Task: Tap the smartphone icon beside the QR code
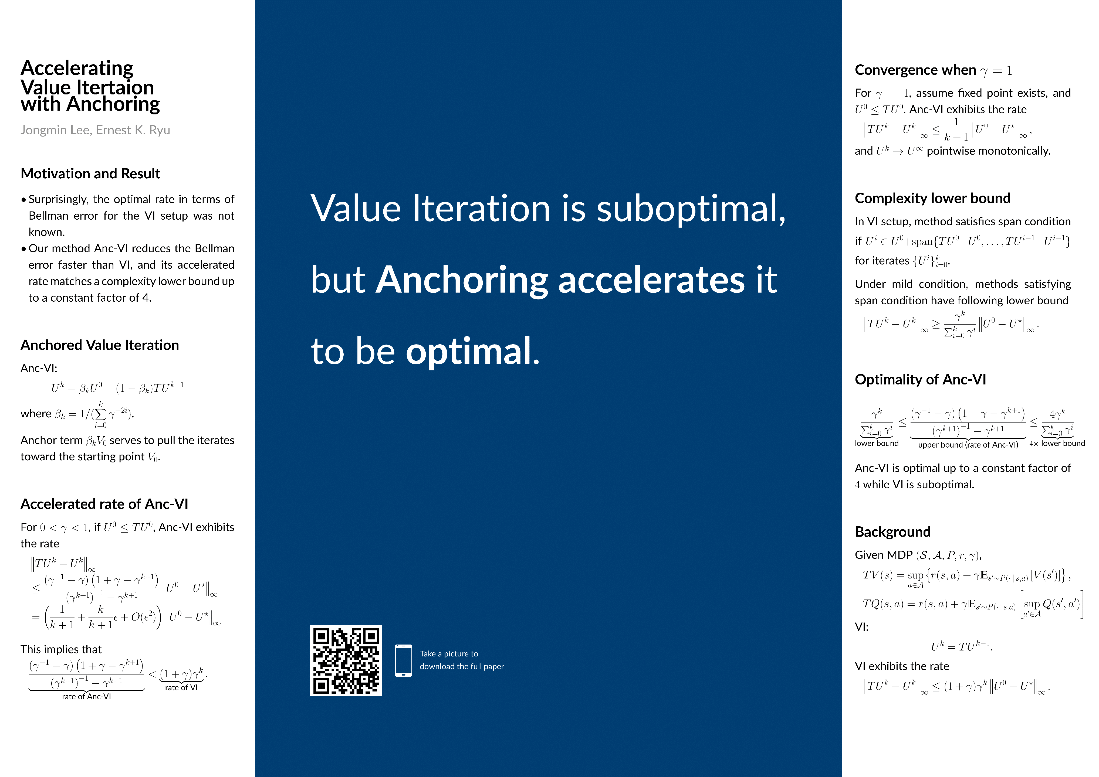tap(404, 660)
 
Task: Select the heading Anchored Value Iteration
tap(100, 345)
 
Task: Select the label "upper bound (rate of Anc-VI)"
tap(968, 445)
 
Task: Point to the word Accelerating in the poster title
tap(77, 69)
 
